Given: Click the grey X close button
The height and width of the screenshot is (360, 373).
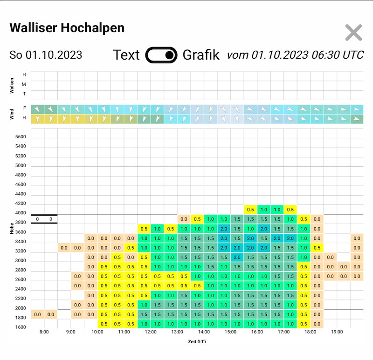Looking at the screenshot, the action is tap(353, 33).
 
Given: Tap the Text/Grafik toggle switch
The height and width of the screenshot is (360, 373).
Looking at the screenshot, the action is tap(161, 55).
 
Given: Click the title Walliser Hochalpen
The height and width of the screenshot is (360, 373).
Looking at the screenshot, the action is tap(67, 28).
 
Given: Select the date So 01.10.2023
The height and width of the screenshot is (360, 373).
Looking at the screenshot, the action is tap(46, 55).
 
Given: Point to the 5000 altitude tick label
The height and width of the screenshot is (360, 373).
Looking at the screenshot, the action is tap(21, 165).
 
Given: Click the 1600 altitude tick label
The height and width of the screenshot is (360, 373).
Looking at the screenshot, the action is tap(21, 327).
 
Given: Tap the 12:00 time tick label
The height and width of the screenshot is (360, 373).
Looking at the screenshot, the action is tap(151, 332).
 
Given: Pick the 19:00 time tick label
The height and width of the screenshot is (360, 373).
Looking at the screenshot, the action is tap(337, 332).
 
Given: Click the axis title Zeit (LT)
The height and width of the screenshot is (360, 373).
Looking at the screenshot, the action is tap(197, 341).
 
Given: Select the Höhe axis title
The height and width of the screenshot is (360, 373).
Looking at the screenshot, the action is tap(12, 228).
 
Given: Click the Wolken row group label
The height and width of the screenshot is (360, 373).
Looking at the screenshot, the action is tap(12, 86).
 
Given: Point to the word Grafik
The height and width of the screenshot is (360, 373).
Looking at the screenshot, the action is tap(201, 55).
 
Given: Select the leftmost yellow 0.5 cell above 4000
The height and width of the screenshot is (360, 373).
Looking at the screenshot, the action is tap(250, 210).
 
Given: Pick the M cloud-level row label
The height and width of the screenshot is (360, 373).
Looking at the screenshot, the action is tap(24, 84).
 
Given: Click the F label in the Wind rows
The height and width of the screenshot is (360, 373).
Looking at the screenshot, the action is tap(24, 108).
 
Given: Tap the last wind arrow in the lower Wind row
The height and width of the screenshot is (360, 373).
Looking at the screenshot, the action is tap(356, 119).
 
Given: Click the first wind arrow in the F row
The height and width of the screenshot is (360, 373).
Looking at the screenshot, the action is tap(37, 109).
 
